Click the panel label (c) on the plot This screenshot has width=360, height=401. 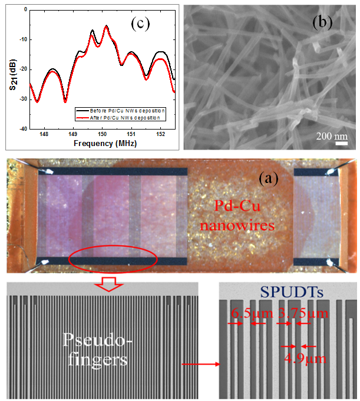click(x=140, y=24)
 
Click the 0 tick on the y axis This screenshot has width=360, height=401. click(x=24, y=9)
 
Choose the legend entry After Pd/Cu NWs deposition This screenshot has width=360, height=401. click(x=125, y=118)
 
